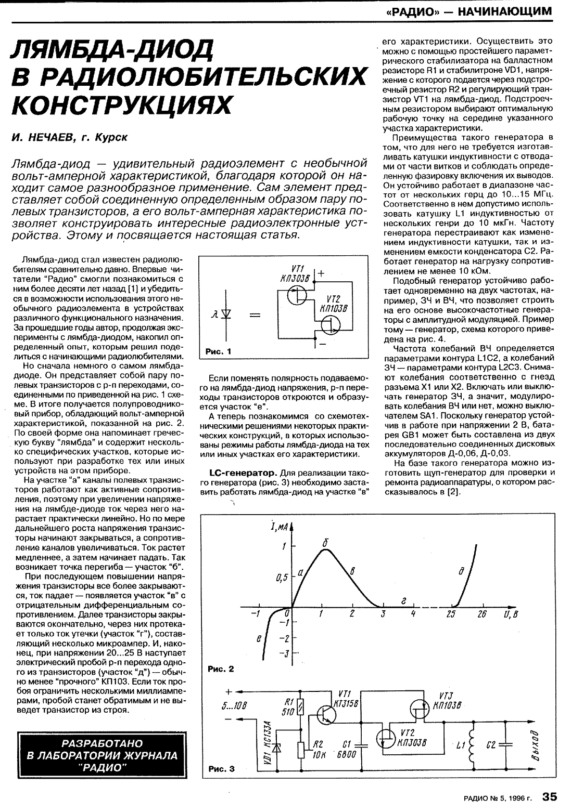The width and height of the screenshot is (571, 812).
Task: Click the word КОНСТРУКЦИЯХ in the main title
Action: tap(121, 104)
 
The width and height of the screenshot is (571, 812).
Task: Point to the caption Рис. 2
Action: tap(221, 669)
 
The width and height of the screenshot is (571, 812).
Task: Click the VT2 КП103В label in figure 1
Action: tap(333, 303)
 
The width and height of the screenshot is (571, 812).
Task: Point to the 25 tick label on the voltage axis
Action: tap(451, 614)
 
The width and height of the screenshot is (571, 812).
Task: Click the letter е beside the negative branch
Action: tap(259, 639)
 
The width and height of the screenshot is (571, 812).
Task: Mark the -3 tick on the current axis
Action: tap(284, 654)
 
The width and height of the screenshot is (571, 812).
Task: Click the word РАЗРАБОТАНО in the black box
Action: tap(103, 743)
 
